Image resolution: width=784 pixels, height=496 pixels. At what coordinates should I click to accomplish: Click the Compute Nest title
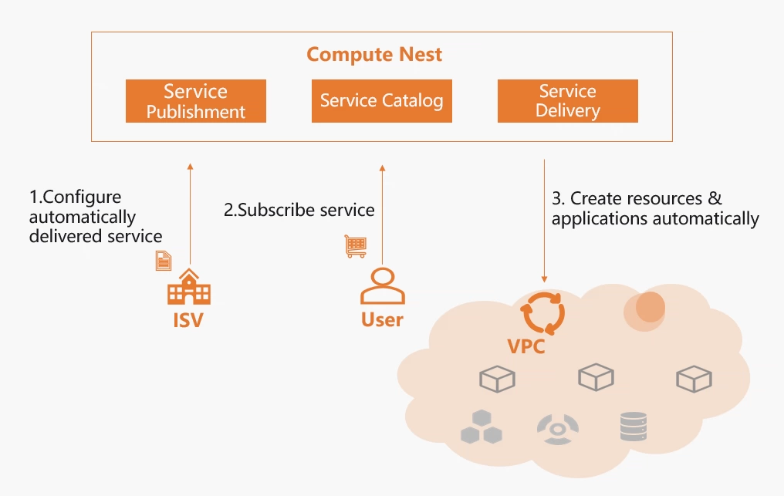coord(374,55)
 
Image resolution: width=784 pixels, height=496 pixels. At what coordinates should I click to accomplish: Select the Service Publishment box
coord(196,101)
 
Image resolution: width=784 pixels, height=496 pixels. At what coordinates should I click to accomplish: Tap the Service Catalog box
coord(381,101)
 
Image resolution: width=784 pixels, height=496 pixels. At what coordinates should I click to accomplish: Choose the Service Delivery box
coord(567,101)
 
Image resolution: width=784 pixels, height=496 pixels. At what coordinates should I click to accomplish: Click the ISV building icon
coord(189,288)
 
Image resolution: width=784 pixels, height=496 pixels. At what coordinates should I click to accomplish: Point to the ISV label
coord(188,320)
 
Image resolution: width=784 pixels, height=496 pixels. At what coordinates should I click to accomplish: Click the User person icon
coord(382,286)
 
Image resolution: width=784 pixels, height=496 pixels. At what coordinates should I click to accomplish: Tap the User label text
coord(382,319)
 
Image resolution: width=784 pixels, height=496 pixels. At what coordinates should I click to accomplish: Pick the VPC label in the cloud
coord(526,346)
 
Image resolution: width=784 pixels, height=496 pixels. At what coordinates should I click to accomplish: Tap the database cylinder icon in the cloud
coord(634,427)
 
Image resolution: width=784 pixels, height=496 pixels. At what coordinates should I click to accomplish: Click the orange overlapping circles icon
coord(648,307)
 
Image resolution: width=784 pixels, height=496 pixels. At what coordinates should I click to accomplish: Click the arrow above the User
coord(382,216)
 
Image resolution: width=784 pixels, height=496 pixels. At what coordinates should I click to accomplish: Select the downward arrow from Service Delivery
coord(545,221)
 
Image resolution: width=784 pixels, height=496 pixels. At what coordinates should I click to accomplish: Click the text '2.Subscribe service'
coord(299,210)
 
